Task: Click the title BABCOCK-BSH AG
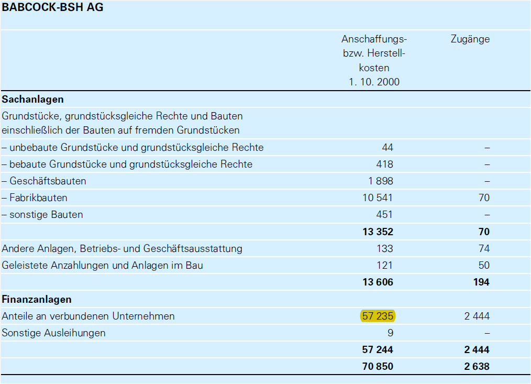click(x=53, y=8)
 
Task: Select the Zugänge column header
click(x=470, y=39)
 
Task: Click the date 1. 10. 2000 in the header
click(x=374, y=82)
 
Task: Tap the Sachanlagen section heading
click(x=33, y=99)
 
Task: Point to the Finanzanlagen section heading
click(x=37, y=300)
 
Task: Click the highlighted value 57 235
click(x=378, y=316)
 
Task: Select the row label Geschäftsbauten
click(x=44, y=181)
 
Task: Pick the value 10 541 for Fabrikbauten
click(x=377, y=198)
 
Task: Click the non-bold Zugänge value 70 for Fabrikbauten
click(x=484, y=198)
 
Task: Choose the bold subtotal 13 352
click(x=377, y=232)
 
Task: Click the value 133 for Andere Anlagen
click(x=384, y=248)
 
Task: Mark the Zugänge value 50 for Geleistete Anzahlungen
click(x=484, y=265)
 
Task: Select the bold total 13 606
click(x=377, y=282)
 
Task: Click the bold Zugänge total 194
click(x=481, y=282)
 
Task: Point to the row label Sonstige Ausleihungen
click(x=54, y=333)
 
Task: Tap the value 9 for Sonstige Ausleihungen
click(x=390, y=333)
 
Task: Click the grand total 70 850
click(x=377, y=366)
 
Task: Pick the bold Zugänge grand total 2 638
click(x=477, y=366)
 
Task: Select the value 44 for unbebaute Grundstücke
click(x=387, y=148)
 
